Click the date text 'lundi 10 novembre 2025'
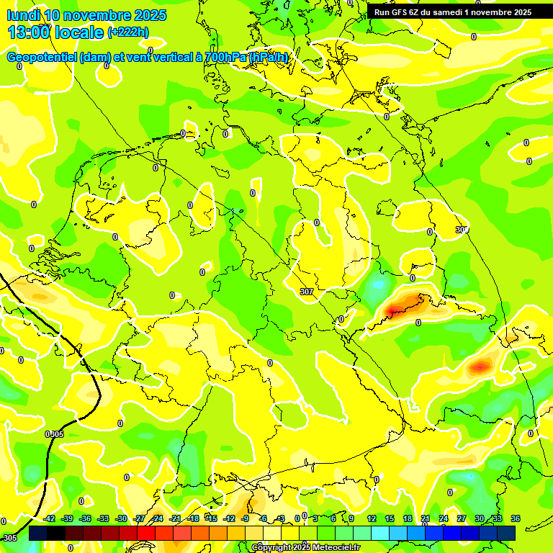(x=86, y=15)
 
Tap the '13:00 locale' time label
(x=55, y=32)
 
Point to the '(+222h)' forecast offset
(x=127, y=32)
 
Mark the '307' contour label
(x=307, y=292)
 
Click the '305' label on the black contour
(x=55, y=434)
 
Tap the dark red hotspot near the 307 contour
(x=394, y=311)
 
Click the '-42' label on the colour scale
(x=50, y=518)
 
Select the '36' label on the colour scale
(x=515, y=518)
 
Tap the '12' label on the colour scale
(x=372, y=518)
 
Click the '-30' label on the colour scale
(x=121, y=518)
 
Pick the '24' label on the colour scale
(x=444, y=518)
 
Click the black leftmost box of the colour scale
(x=38, y=533)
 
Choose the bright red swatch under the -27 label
(x=146, y=533)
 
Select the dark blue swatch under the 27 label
(x=470, y=533)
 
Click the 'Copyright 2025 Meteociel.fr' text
(x=306, y=548)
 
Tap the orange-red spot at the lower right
(x=480, y=367)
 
